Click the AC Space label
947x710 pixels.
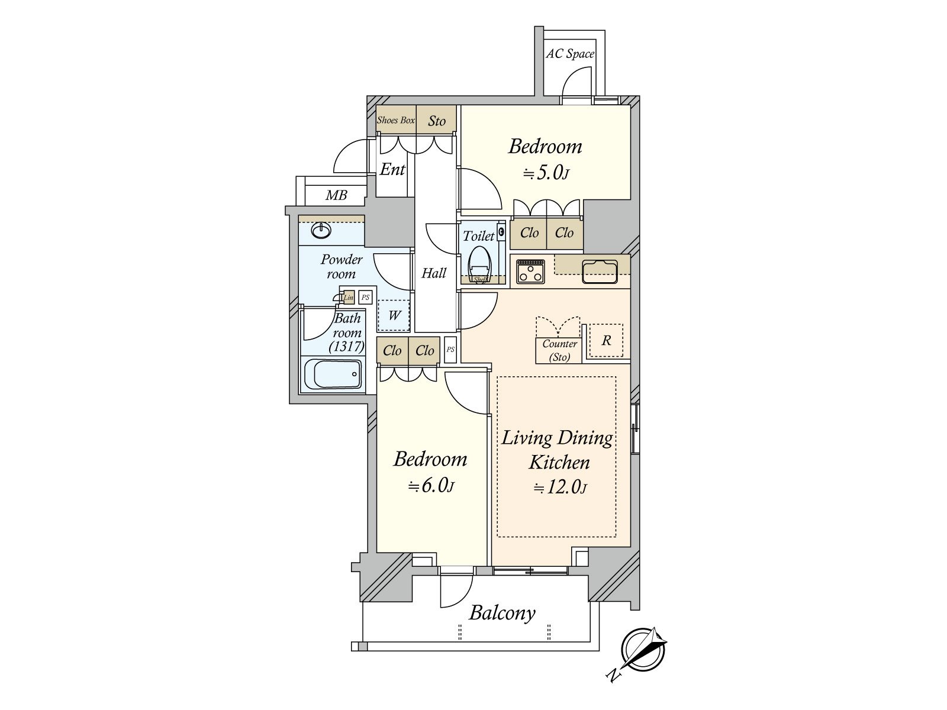(x=570, y=54)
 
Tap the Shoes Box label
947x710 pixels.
(x=395, y=120)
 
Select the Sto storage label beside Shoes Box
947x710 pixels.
(x=437, y=121)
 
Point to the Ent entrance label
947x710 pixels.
(x=392, y=169)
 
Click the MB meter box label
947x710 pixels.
(x=336, y=195)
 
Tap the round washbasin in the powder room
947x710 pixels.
(x=321, y=230)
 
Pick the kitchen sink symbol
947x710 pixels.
(x=600, y=272)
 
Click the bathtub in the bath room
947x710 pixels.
(x=332, y=374)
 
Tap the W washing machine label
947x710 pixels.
(x=394, y=315)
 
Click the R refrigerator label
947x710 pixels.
(x=606, y=341)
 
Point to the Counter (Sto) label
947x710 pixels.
(x=559, y=350)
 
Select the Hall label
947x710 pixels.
(x=434, y=273)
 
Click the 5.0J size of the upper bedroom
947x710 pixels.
(x=546, y=173)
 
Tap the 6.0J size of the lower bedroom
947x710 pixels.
(x=430, y=486)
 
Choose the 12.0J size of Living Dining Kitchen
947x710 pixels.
(x=559, y=487)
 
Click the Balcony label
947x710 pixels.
(x=502, y=613)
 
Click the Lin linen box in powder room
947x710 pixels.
(x=349, y=298)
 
